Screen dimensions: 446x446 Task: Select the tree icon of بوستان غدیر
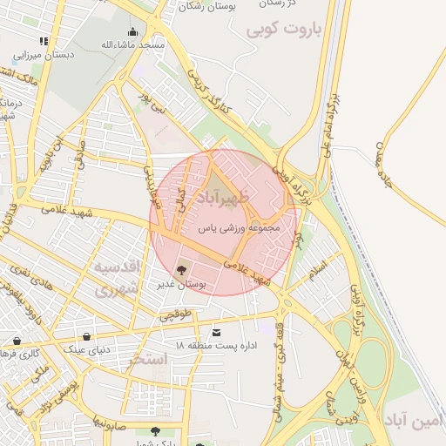click(182, 269)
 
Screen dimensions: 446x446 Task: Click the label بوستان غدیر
click(184, 284)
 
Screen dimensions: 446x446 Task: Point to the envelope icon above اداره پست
click(216, 332)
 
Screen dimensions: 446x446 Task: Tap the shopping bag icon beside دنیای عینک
click(86, 336)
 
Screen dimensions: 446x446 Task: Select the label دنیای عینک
click(86, 349)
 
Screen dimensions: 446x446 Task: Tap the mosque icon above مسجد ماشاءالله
click(132, 32)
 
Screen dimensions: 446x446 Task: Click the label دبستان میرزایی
click(44, 54)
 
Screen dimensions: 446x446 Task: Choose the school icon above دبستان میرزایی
click(44, 41)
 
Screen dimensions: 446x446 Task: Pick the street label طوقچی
click(173, 316)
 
